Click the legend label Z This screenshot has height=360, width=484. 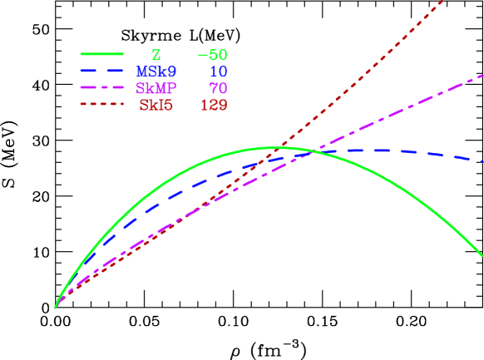[156, 56]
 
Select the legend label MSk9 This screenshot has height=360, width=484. [156, 72]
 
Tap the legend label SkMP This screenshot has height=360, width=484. [156, 89]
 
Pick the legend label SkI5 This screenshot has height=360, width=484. [156, 106]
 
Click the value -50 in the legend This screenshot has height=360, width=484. [212, 56]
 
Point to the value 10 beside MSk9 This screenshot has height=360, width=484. [218, 72]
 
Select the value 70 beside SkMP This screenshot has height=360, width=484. [218, 89]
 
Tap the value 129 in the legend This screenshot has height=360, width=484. [213, 106]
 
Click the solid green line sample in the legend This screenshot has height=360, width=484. [102, 54]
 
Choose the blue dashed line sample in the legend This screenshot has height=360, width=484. [102, 71]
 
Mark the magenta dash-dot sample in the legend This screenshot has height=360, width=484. [102, 87]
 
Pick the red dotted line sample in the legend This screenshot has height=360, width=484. [102, 104]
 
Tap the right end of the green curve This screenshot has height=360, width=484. [482, 255]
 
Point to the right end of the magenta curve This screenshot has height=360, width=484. [482, 76]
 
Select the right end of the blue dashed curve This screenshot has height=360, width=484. [482, 160]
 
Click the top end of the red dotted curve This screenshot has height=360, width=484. [443, 2]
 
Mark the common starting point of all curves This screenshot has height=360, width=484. [56, 308]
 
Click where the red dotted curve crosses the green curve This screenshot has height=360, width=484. [284, 148]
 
